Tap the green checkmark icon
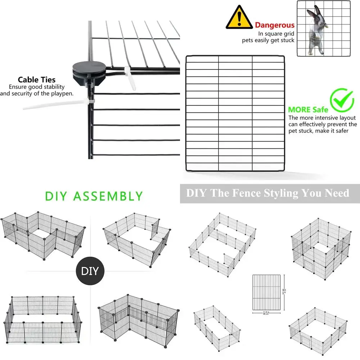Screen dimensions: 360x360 [342, 100]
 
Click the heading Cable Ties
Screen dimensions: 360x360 [37, 80]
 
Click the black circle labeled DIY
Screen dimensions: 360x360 [90, 271]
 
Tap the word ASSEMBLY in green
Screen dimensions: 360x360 [108, 196]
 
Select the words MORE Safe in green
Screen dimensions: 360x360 [308, 109]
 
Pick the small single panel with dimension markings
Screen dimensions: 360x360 [266, 292]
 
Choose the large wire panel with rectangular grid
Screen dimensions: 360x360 [235, 113]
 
